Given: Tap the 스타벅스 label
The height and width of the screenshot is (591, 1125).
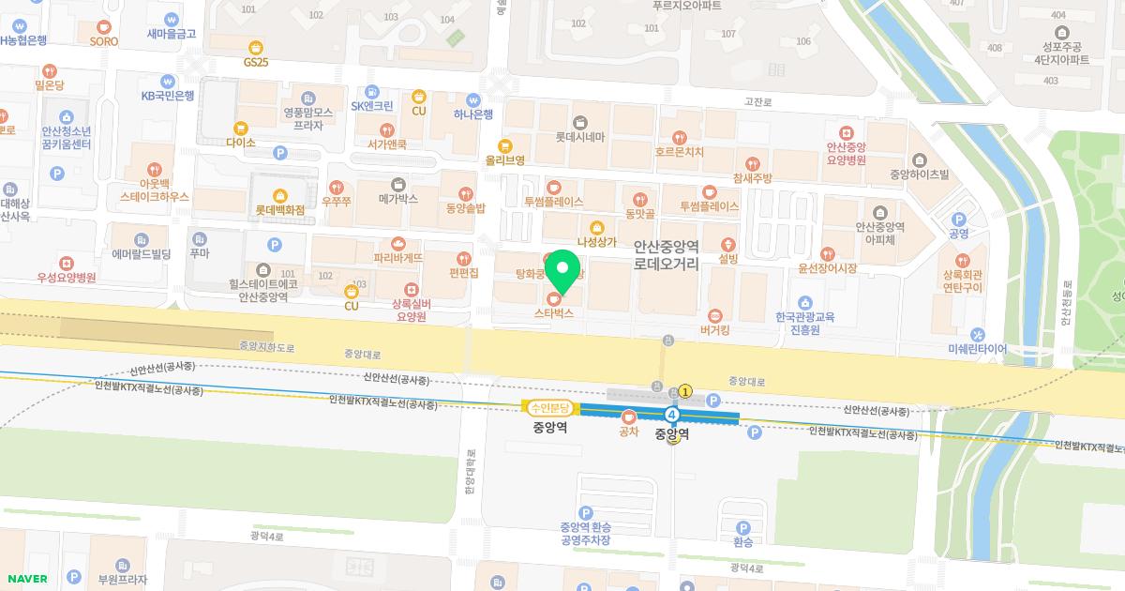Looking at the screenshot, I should [x=554, y=313].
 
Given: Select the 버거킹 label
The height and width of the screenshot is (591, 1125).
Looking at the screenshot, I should [x=714, y=329].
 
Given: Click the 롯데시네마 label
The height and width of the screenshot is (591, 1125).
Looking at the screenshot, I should [x=579, y=136].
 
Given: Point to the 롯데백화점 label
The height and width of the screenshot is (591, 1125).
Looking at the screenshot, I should [x=280, y=210].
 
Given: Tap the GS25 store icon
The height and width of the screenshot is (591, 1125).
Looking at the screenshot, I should [x=255, y=48].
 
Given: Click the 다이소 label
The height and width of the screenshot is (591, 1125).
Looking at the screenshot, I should [x=241, y=143].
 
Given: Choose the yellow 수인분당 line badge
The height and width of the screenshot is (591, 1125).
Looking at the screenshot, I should [x=550, y=408].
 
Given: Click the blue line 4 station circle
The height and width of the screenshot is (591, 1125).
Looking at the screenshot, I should [x=672, y=415].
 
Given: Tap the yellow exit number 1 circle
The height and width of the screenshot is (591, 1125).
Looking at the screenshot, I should [x=685, y=391].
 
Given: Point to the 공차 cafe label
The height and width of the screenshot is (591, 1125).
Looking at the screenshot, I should [x=628, y=432].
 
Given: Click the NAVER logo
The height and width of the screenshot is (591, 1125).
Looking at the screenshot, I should [x=25, y=579].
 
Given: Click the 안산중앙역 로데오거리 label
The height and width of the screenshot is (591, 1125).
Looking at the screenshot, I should [x=667, y=256].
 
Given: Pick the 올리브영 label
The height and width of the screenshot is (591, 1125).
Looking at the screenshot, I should [x=504, y=159].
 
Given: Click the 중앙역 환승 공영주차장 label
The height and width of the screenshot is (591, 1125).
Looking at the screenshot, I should [x=586, y=533].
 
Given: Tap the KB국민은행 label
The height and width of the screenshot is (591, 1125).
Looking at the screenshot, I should [x=168, y=96].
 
